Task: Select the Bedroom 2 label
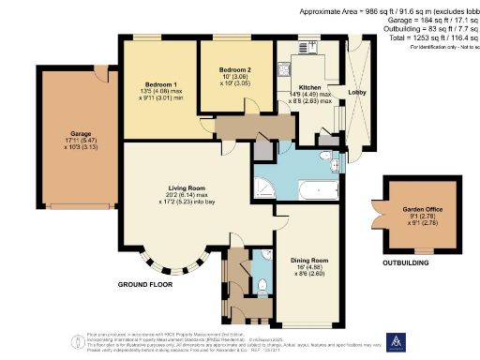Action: pos(235,70)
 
